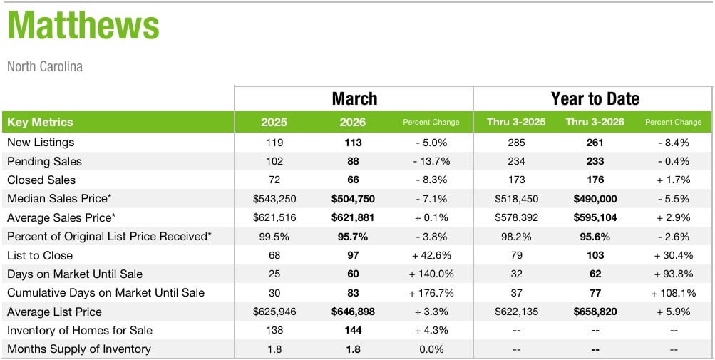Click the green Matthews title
(83, 26)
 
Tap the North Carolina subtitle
(45, 66)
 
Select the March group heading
(354, 98)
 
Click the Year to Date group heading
(595, 98)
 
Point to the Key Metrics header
(40, 122)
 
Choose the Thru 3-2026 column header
(595, 122)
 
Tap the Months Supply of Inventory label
(78, 349)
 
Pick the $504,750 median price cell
(353, 199)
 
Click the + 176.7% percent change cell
(431, 293)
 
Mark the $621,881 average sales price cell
(353, 217)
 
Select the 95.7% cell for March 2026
(353, 237)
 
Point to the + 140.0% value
(431, 274)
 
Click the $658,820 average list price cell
(595, 312)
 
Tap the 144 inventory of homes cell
(353, 330)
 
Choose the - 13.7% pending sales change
(431, 161)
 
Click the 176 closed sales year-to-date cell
(595, 180)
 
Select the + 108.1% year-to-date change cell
(673, 293)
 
